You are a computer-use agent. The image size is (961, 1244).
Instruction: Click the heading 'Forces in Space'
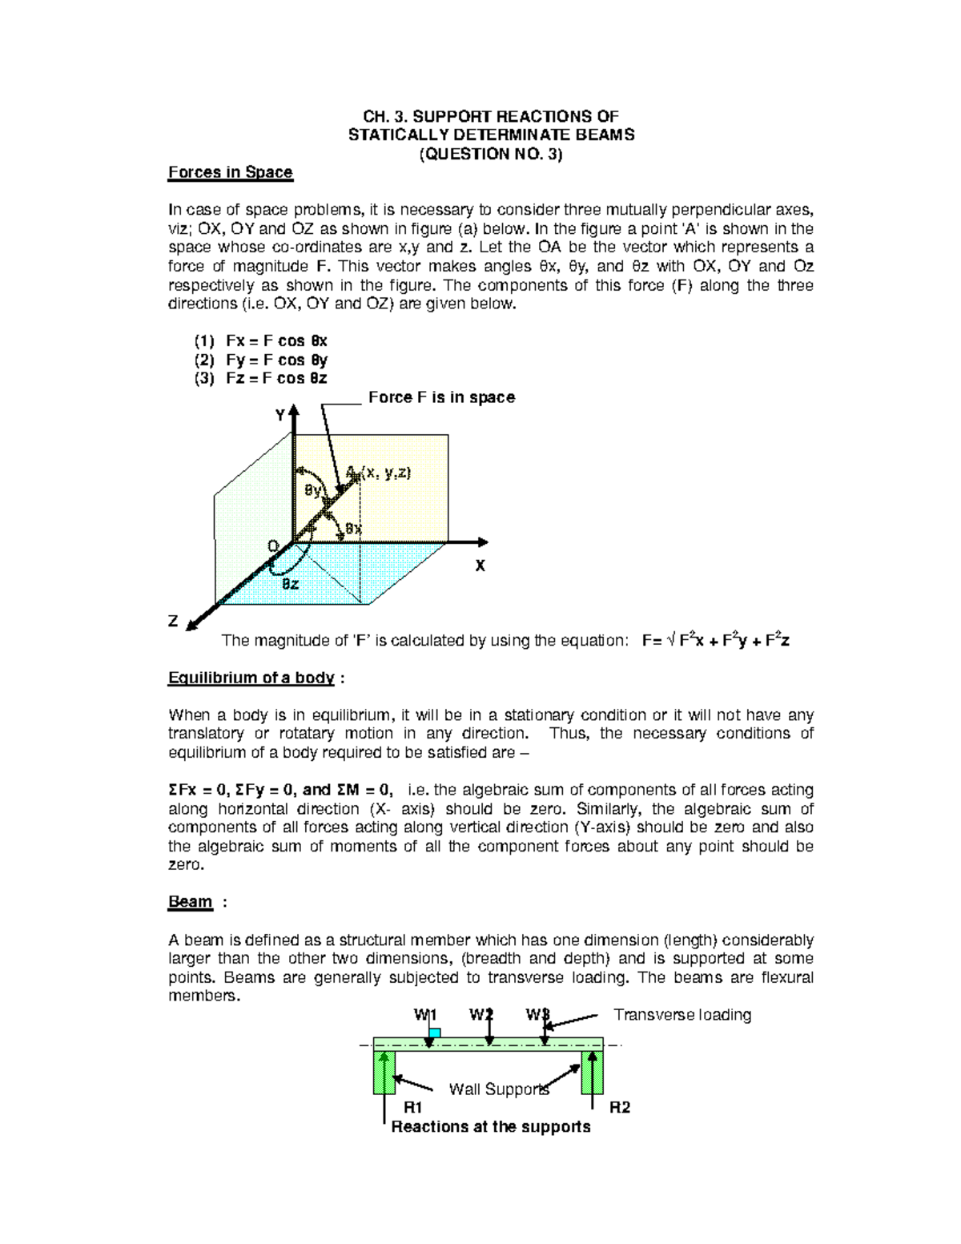coord(230,172)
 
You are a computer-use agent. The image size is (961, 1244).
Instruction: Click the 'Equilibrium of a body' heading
coord(251,678)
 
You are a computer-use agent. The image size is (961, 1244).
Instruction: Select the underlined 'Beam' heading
coord(190,902)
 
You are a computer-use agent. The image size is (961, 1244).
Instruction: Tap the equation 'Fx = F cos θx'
coord(276,340)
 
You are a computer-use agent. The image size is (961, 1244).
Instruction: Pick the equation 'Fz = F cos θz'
coord(276,378)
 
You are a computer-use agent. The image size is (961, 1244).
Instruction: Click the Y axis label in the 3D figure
coord(280,415)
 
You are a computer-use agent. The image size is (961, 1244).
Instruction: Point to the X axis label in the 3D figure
coord(480,566)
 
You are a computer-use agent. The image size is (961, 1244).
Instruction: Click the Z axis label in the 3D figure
coord(173,621)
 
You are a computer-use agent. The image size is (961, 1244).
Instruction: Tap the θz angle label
coord(290,584)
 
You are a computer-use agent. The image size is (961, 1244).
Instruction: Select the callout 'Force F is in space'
coord(441,397)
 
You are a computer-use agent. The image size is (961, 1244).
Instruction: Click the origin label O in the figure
coord(273,546)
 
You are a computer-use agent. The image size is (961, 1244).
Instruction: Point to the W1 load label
coord(424,1015)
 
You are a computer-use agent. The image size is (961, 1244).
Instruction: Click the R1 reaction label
coord(412,1108)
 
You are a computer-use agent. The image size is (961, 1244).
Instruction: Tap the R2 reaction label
coord(620,1108)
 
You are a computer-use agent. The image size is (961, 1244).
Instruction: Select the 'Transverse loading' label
coord(682,1015)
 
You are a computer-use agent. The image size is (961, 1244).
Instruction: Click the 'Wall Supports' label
coord(499,1089)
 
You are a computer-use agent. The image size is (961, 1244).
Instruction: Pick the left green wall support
coord(384,1072)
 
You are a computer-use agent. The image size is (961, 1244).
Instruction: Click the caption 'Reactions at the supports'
coord(491,1127)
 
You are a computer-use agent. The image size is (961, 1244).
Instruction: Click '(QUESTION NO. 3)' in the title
coord(491,154)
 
